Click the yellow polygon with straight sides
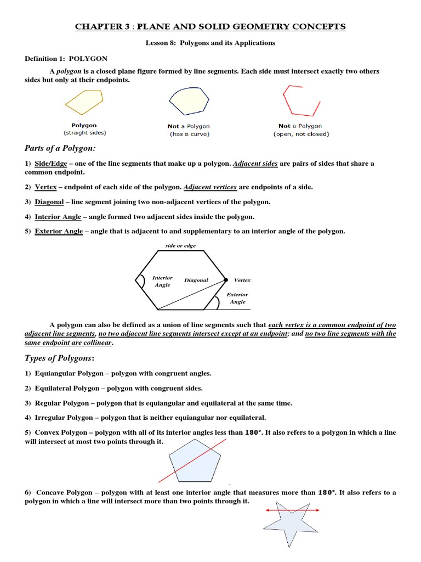point(83,103)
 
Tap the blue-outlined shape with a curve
point(189,102)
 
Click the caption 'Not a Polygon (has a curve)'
point(189,130)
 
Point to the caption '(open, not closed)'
point(301,134)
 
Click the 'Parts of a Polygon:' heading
point(59,148)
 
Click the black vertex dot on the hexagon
point(225,280)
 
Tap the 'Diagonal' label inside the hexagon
point(196,280)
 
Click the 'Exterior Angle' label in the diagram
point(237,298)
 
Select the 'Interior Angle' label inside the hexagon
point(162,282)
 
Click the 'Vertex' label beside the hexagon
point(242,280)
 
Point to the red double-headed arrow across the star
point(292,510)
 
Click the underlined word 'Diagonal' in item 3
point(49,202)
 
